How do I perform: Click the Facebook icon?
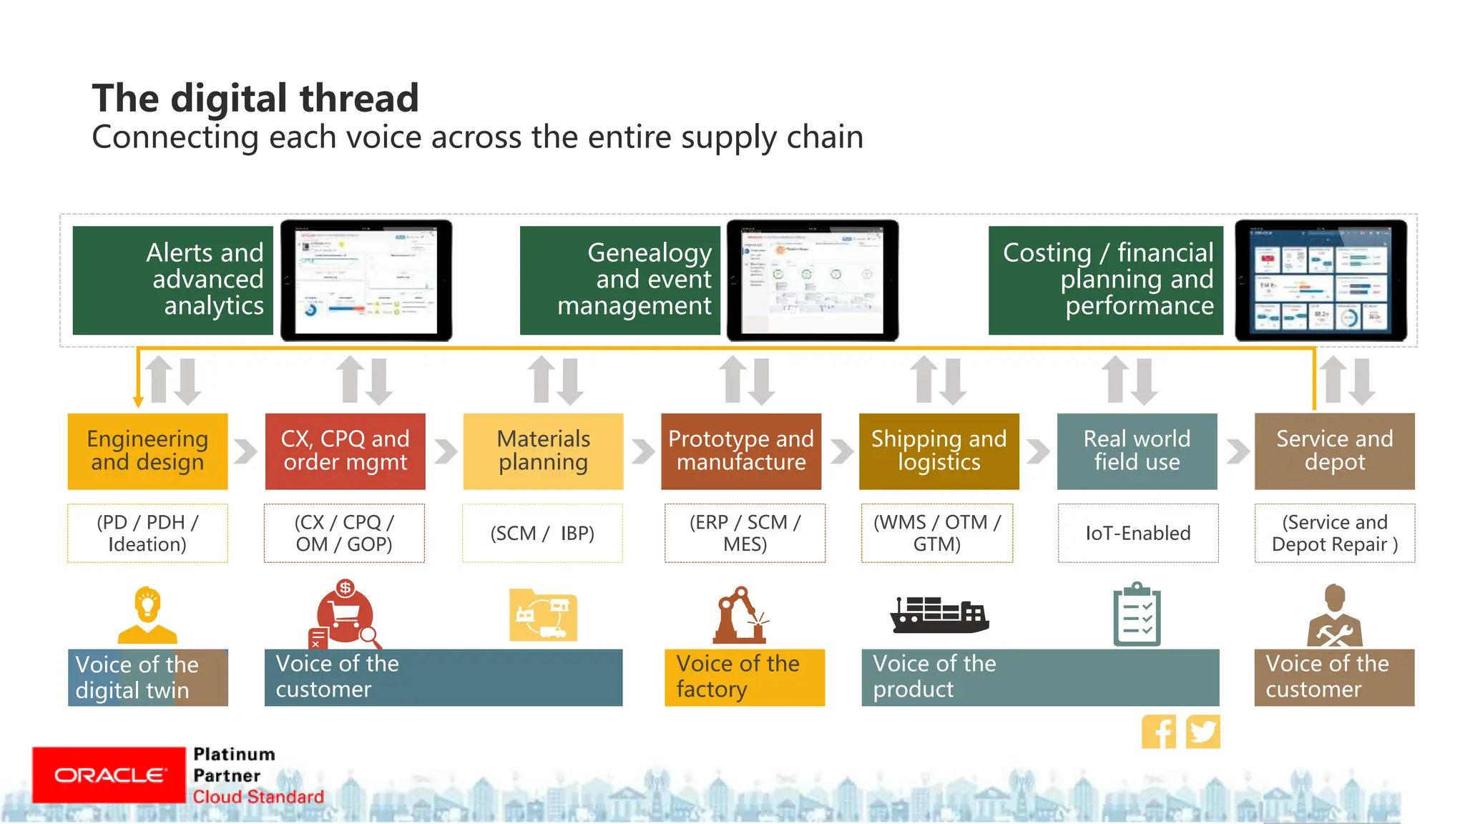1158,732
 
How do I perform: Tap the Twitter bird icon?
1202,732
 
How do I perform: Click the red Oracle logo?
109,775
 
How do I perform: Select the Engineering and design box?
147,451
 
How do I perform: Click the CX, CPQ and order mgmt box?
345,451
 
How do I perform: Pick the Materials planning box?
543,451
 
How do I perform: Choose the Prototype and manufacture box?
741,451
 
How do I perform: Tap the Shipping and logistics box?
939,451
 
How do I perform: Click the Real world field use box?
1137,451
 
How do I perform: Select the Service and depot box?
1334,451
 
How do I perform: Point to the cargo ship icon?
939,614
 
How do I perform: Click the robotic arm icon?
740,616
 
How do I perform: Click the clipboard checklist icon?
1137,615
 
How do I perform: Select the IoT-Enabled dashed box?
1137,533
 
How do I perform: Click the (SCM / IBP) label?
542,533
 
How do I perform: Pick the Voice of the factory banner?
744,677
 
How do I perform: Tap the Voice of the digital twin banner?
147,677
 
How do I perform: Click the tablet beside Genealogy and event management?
813,280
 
